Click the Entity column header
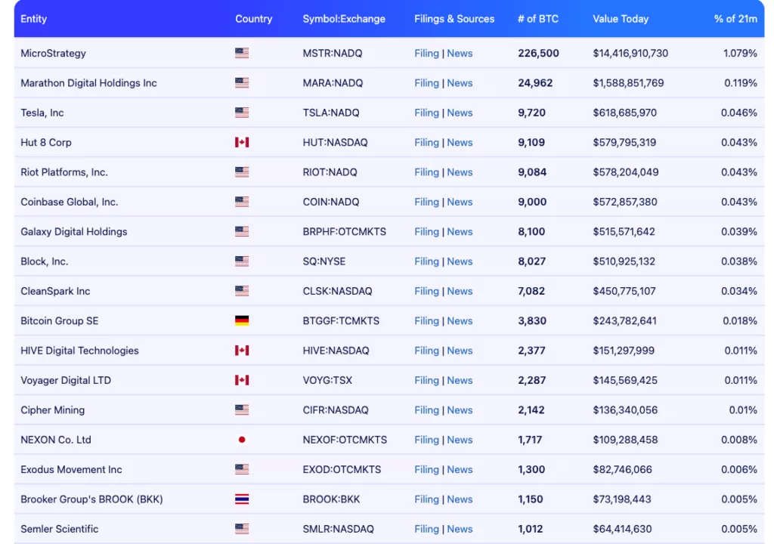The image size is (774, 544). pos(34,19)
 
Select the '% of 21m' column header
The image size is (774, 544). pos(735,19)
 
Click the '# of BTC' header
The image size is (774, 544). pos(537,19)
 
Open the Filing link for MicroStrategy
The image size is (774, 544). pos(426,54)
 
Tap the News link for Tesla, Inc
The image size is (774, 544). pos(460,113)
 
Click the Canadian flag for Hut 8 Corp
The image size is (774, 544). pos(242,142)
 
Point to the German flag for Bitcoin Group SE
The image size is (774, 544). pos(242,320)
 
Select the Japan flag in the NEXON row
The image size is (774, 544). pos(242,440)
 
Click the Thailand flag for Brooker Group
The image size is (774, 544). pos(242,499)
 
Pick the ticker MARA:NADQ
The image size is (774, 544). pos(333,83)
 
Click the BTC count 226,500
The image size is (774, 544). pos(538,54)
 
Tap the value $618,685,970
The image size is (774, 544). pos(624,113)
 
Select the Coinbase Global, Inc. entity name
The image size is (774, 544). pos(70,202)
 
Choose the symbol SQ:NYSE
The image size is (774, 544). pos(324,261)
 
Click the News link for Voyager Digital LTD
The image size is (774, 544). pos(460,380)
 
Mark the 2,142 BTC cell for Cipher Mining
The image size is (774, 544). pos(531,410)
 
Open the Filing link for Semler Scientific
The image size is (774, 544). pos(426,529)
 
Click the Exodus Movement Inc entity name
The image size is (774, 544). pos(71,469)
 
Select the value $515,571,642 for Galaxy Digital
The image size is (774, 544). pos(624,232)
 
